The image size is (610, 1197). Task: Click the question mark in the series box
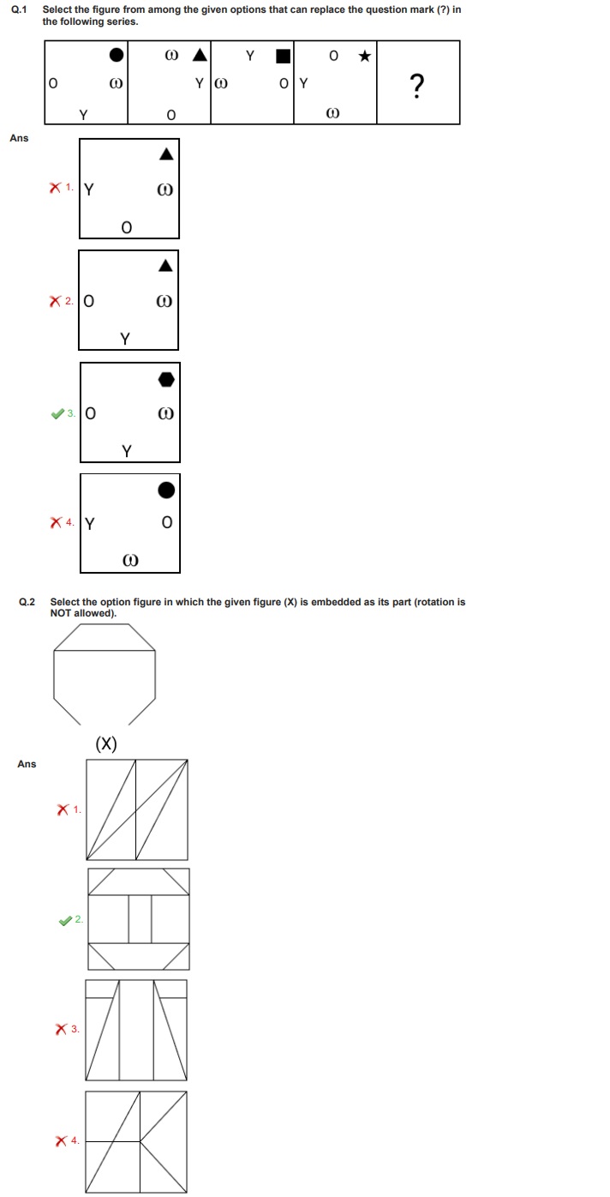pos(417,86)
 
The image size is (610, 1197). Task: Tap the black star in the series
pos(365,57)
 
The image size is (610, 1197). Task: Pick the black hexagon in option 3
pos(167,379)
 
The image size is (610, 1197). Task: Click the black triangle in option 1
pos(166,154)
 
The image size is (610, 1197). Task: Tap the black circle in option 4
pos(167,490)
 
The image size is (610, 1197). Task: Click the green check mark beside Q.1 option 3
pos(57,414)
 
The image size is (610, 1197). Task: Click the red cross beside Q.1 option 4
pos(57,521)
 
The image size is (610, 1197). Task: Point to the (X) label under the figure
pos(106,743)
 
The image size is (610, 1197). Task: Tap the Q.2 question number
pos(27,602)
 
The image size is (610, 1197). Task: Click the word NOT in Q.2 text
pos(62,613)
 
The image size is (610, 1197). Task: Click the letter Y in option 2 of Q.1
pos(125,338)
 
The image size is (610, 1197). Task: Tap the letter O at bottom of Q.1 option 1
pos(126,227)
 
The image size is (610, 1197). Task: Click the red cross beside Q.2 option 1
pos(63,809)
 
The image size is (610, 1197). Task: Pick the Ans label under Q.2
pos(27,764)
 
